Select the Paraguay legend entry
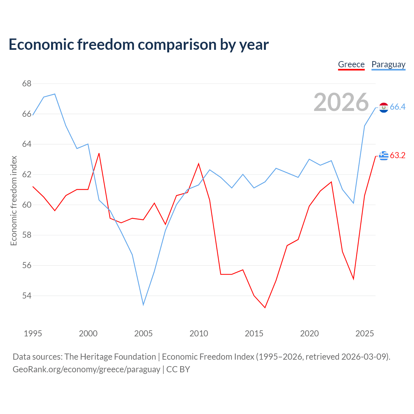pyautogui.click(x=388, y=65)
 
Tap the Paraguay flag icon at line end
pyautogui.click(x=384, y=107)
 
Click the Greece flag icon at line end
pyautogui.click(x=384, y=156)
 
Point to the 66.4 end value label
pyautogui.click(x=398, y=107)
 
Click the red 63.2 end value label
pyautogui.click(x=398, y=155)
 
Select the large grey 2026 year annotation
pyautogui.click(x=341, y=102)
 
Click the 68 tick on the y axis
pyautogui.click(x=27, y=83)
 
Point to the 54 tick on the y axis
pyautogui.click(x=27, y=296)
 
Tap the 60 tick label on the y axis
pyautogui.click(x=27, y=205)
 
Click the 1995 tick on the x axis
pyautogui.click(x=33, y=333)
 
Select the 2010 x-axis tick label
pyautogui.click(x=199, y=333)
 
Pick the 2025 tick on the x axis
pyautogui.click(x=365, y=333)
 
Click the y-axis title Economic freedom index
pyautogui.click(x=14, y=201)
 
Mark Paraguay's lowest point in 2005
pyautogui.click(x=143, y=304)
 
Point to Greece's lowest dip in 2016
pyautogui.click(x=265, y=308)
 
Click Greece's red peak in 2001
pyautogui.click(x=99, y=153)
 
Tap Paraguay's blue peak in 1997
pyautogui.click(x=55, y=94)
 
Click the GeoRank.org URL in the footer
pyautogui.click(x=86, y=369)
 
